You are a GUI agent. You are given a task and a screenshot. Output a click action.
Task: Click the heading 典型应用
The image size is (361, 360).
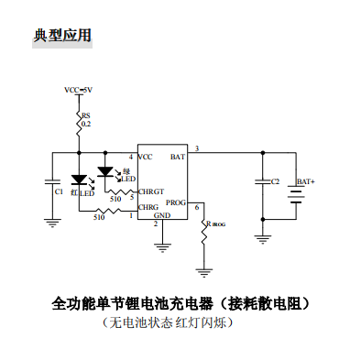[x=62, y=36]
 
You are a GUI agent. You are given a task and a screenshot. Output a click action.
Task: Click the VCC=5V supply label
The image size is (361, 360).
[x=78, y=90]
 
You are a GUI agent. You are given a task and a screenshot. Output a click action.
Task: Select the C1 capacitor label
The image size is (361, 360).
[x=60, y=192]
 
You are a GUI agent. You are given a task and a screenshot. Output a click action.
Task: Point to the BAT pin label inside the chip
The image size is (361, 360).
[x=178, y=158]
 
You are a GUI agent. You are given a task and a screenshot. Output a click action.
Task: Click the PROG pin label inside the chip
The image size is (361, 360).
[x=176, y=201]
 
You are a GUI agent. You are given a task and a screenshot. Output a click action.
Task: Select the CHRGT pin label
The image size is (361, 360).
[x=151, y=191]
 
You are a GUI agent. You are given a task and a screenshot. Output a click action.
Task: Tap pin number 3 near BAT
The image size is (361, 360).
[x=196, y=148]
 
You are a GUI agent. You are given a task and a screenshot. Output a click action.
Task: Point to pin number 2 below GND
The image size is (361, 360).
[x=156, y=224]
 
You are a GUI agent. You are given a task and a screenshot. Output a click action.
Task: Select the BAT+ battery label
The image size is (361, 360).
[x=305, y=182]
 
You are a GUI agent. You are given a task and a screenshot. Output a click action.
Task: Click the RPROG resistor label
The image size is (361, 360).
[x=216, y=223]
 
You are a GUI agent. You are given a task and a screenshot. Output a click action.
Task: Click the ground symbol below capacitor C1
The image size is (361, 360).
[x=52, y=221]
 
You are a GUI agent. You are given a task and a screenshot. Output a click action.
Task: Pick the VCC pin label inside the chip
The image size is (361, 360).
[x=145, y=158]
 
